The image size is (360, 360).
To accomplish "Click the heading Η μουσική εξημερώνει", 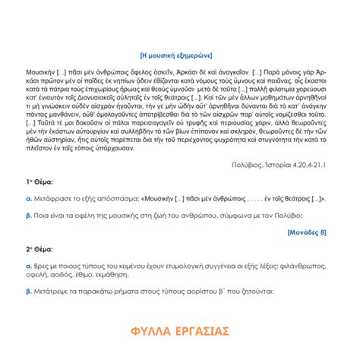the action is [180, 55].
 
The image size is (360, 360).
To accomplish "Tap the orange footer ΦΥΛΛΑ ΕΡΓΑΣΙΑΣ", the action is [180, 331].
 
